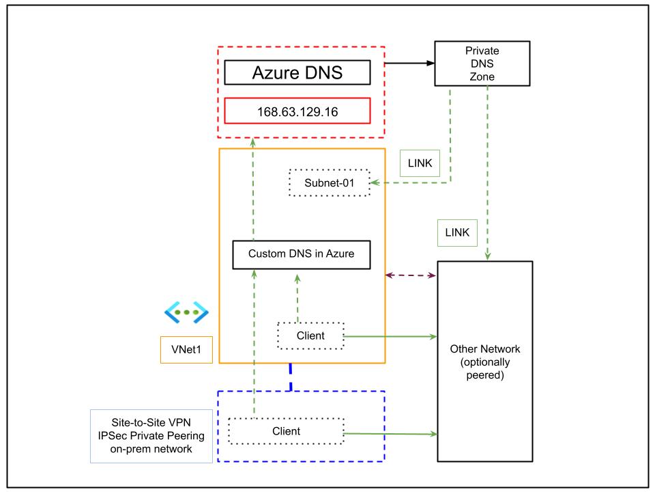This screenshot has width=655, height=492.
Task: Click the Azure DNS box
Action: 297,72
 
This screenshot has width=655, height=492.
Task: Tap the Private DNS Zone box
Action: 481,64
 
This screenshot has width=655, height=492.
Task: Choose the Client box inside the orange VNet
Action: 310,336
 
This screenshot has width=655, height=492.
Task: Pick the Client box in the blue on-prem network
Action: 285,431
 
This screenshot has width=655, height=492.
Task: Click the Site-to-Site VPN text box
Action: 151,436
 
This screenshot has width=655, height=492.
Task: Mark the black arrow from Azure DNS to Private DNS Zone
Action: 409,64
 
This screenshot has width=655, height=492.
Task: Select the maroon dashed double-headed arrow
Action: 411,275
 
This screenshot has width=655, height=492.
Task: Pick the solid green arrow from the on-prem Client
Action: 389,433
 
